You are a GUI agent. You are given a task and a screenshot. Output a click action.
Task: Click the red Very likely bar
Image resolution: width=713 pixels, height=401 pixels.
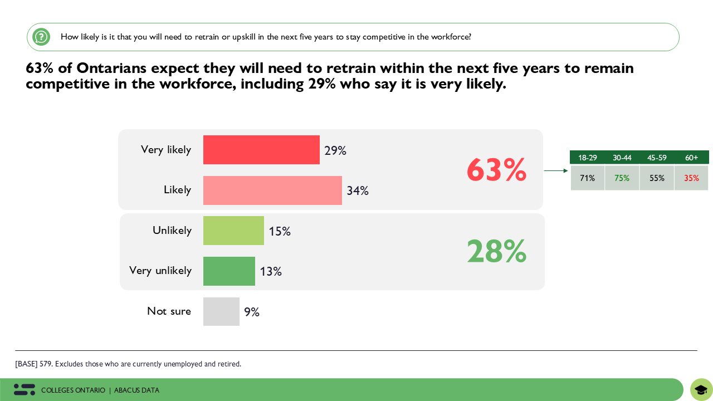click(261, 150)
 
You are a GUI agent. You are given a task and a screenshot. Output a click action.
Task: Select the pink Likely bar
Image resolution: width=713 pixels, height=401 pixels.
click(272, 190)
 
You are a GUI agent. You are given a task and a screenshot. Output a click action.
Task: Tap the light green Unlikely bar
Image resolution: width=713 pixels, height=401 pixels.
click(233, 231)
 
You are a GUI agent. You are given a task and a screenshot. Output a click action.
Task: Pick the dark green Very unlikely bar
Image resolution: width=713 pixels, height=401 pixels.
click(229, 271)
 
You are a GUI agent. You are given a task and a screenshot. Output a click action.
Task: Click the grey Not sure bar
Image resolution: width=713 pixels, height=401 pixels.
click(221, 311)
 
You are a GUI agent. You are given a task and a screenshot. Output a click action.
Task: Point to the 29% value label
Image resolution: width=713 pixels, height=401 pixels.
click(335, 151)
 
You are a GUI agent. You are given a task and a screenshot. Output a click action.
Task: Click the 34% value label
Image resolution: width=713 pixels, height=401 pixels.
click(358, 191)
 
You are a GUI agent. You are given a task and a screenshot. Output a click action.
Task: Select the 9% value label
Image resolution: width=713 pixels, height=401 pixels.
click(252, 312)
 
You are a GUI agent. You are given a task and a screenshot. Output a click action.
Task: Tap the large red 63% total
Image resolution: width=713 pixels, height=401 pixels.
click(496, 170)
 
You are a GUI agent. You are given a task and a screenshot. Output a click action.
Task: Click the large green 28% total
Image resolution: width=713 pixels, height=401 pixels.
click(496, 252)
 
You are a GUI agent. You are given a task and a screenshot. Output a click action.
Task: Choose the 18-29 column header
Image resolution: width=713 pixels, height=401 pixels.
click(588, 158)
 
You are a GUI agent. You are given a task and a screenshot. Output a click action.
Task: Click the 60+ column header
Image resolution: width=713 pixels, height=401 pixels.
click(692, 158)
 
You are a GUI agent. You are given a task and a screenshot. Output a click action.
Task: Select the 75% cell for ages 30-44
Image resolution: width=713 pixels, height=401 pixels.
click(622, 178)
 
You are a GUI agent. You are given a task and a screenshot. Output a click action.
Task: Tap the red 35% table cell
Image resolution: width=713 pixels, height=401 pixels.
click(692, 178)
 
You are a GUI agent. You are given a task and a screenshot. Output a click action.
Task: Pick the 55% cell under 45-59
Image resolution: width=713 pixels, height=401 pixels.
click(657, 178)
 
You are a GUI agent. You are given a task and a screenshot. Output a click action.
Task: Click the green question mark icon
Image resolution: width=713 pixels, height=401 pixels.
click(41, 37)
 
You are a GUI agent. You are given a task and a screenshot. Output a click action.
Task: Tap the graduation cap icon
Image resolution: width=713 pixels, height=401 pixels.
click(701, 390)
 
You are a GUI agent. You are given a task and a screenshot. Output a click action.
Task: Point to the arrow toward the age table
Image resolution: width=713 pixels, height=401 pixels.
click(555, 171)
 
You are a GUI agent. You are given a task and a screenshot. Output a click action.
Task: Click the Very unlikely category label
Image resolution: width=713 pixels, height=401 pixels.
click(160, 271)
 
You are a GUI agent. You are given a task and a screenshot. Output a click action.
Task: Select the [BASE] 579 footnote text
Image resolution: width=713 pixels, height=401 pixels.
click(128, 364)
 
